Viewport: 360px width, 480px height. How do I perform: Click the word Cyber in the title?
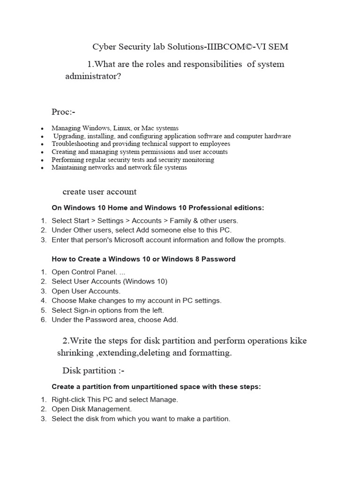104,46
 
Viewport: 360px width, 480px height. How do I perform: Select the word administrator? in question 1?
93,76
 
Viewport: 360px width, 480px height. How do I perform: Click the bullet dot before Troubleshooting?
42,144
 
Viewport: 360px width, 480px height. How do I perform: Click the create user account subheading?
99,192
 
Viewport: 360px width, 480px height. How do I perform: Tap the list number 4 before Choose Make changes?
43,300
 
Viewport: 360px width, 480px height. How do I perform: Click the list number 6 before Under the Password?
43,320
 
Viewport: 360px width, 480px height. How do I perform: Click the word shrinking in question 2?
75,353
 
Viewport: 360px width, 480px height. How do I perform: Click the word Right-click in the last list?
69,400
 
